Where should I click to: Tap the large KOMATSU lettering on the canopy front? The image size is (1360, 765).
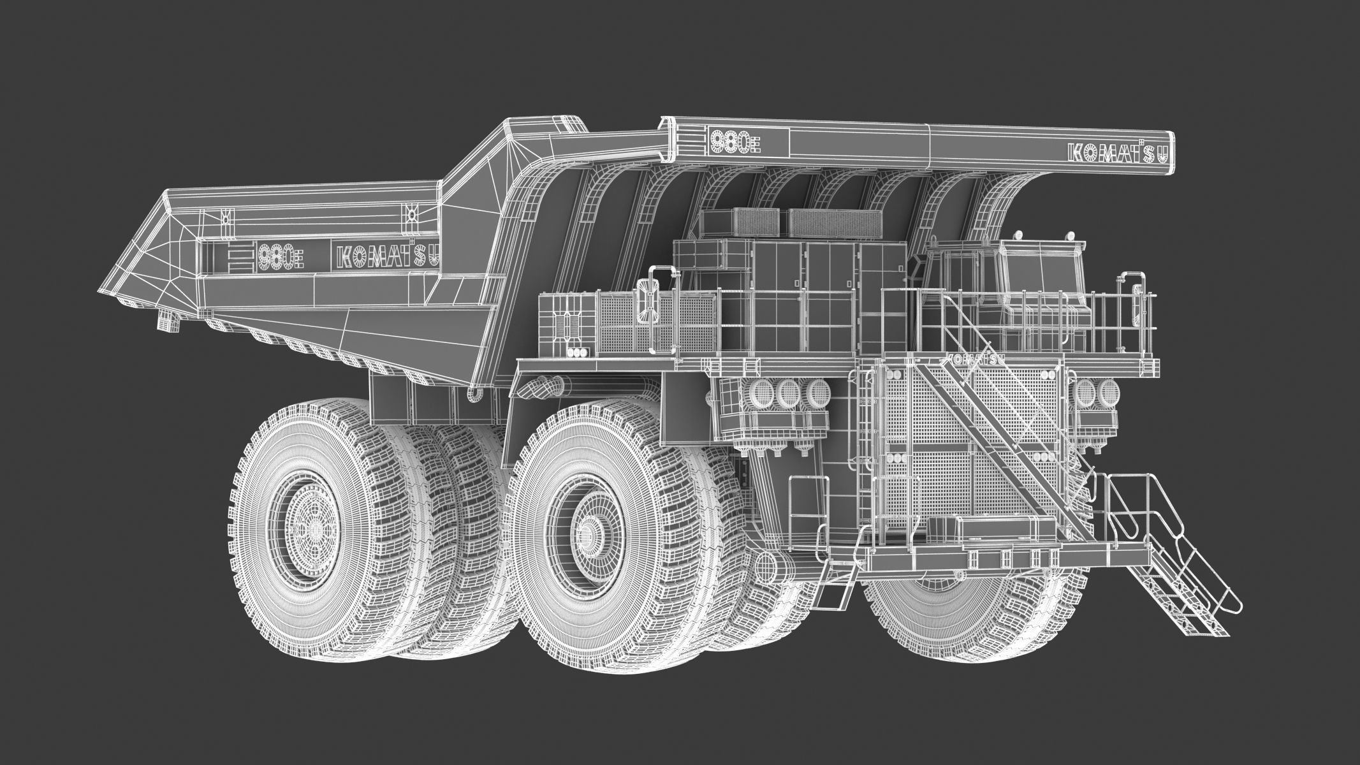pyautogui.click(x=1114, y=153)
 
